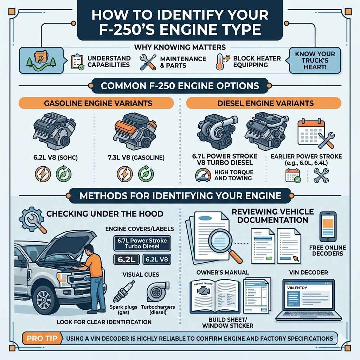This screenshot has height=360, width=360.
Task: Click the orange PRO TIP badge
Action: click(x=40, y=339)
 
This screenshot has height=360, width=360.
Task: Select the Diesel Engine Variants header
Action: click(x=263, y=103)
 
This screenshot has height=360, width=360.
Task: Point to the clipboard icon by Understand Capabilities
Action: click(x=78, y=62)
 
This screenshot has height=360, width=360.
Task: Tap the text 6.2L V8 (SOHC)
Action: click(x=52, y=157)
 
